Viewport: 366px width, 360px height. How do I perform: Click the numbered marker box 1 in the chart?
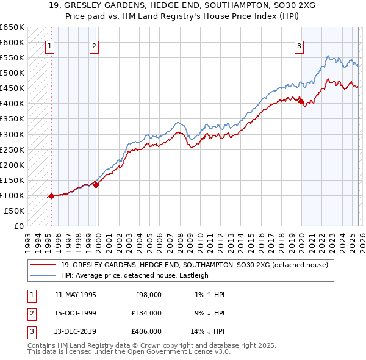(49, 45)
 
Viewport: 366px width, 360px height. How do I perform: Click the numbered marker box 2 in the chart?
(94, 45)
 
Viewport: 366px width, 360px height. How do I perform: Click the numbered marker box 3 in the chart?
(300, 45)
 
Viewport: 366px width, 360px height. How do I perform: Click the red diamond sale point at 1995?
(51, 196)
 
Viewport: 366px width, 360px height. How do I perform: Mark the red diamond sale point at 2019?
(301, 102)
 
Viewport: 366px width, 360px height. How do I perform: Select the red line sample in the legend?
(43, 265)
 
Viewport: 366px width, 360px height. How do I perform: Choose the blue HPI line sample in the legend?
(43, 275)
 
